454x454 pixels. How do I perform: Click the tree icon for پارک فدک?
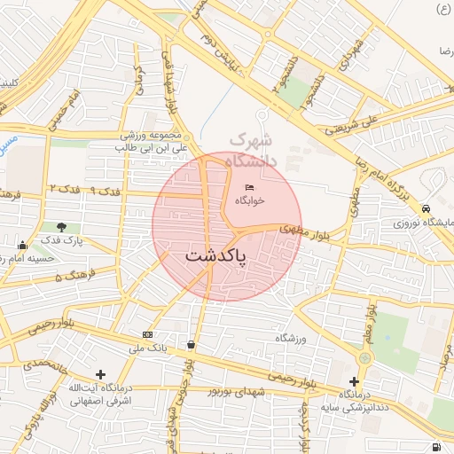click(x=61, y=228)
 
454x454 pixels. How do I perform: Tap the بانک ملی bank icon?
click(x=147, y=334)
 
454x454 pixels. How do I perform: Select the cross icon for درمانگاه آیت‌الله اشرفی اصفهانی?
click(x=100, y=375)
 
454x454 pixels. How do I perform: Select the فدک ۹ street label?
click(x=106, y=191)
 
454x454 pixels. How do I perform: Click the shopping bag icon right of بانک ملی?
click(x=192, y=344)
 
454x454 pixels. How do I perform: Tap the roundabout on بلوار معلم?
click(x=364, y=357)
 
